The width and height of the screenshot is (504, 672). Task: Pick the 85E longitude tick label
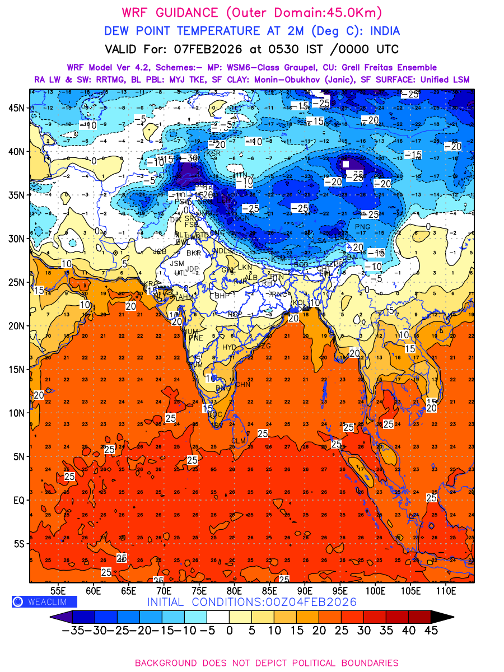coord(269,590)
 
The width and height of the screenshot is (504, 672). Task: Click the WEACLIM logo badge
coord(44,601)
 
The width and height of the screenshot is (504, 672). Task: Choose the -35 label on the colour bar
coord(72,630)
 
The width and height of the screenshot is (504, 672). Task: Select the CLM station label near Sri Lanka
coord(239,441)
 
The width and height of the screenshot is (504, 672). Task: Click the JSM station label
coord(177,263)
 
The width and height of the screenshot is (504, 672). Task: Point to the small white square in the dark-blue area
coord(346,164)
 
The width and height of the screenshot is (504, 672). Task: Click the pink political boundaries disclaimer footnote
coord(267,662)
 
